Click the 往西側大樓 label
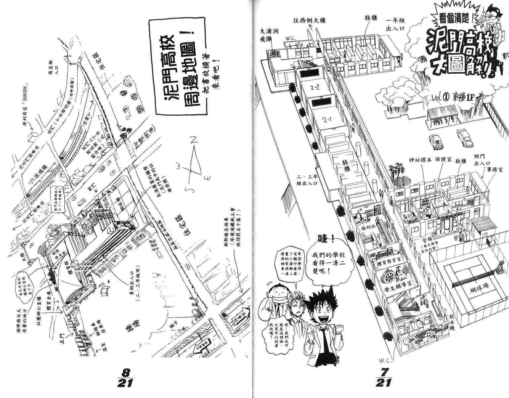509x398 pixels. (x=309, y=21)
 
